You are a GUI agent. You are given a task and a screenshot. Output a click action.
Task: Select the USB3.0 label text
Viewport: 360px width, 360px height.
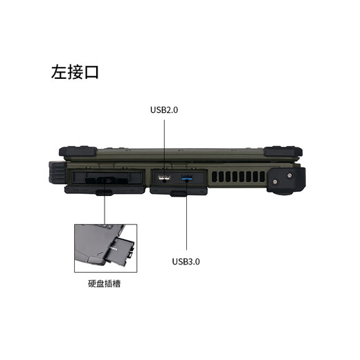(x=186, y=262)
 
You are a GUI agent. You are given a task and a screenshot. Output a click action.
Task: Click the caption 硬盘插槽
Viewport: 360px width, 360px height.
(x=109, y=284)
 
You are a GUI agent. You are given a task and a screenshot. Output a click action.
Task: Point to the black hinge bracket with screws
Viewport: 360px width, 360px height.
(x=285, y=179)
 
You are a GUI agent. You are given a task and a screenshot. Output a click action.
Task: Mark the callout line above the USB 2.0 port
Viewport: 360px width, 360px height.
(x=165, y=145)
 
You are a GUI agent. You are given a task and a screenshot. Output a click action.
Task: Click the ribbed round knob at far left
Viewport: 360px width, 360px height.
(x=55, y=172)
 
